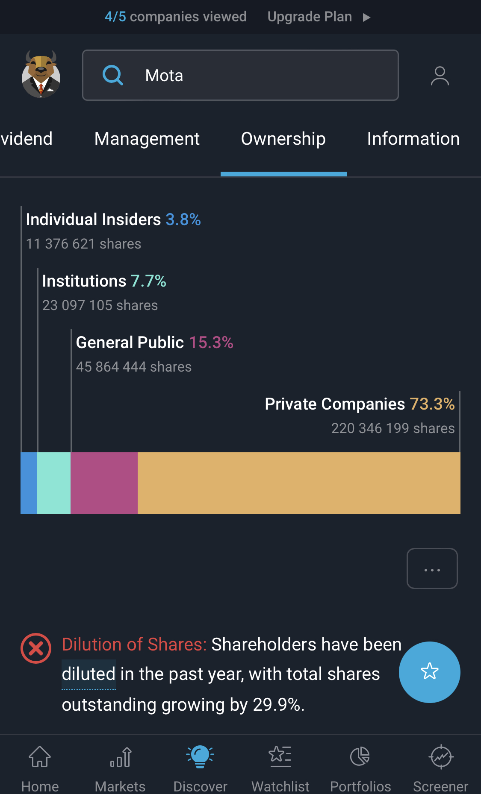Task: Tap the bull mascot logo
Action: coord(41,74)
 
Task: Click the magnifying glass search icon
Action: coord(113,75)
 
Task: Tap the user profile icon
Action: coord(440,76)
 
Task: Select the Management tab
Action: coord(147,139)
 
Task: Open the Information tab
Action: coord(413,139)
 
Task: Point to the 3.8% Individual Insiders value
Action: coord(183,220)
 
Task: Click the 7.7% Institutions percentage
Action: coord(148,281)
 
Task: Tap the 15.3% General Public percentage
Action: coord(211,343)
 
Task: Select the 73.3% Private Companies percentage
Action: coord(432,404)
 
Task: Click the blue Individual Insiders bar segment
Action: coord(29,483)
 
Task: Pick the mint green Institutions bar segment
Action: coord(53,483)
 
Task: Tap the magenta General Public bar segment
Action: coord(104,483)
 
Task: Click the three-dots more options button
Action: coord(432,568)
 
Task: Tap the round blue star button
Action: coord(429,672)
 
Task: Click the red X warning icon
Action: coord(36,648)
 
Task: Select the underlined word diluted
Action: coord(89,674)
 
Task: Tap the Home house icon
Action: coord(40,757)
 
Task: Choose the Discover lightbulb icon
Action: coord(200,756)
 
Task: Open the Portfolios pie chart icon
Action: coord(360,756)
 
